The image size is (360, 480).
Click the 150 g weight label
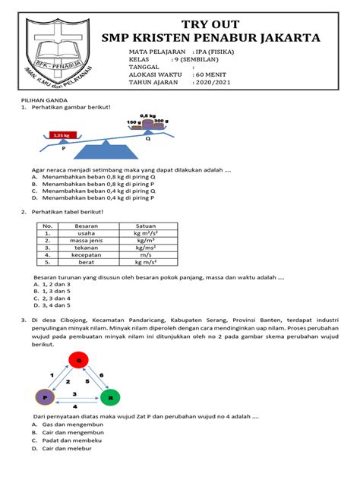pos(134,122)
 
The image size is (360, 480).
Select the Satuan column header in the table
pos(145,226)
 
